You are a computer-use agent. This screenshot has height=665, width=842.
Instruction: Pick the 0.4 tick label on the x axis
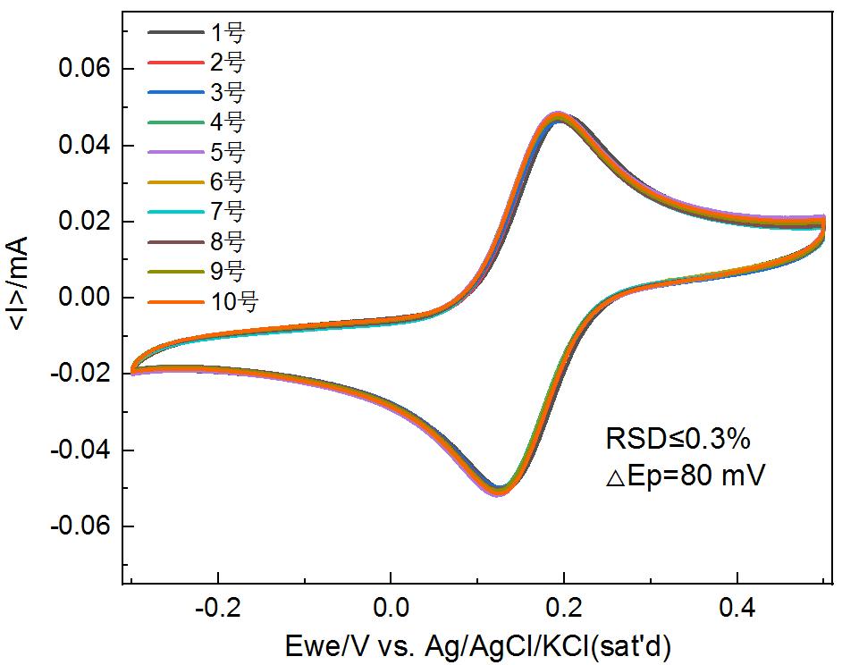click(737, 610)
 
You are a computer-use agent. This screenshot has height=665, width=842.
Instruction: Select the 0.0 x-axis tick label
click(390, 610)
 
